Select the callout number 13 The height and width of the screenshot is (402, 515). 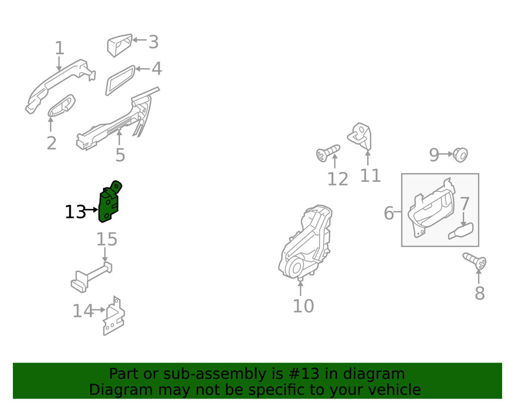tap(75, 212)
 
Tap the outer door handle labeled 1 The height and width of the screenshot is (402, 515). tap(61, 87)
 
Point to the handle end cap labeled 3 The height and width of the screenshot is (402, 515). tap(119, 45)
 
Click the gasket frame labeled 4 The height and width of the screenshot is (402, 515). tap(120, 81)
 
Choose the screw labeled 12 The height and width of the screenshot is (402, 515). tap(328, 153)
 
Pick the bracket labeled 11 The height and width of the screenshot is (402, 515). tap(360, 136)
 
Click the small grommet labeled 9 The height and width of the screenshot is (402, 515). tap(460, 155)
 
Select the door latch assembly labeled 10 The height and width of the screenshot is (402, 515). tap(306, 242)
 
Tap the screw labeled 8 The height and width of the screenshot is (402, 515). tap(475, 261)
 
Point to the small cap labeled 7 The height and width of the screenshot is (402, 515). tap(461, 231)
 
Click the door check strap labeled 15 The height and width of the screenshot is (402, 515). tap(92, 277)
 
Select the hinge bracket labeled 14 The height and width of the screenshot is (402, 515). tap(114, 317)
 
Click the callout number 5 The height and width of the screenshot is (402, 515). tap(120, 155)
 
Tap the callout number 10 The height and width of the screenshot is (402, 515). tap(303, 306)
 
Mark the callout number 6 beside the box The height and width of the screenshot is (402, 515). tap(389, 213)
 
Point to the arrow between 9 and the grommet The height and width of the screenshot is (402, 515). tap(445, 154)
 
